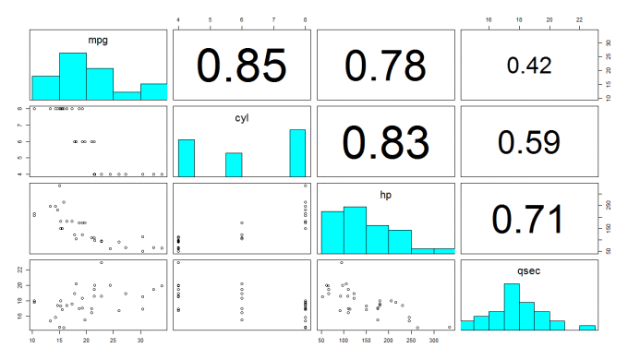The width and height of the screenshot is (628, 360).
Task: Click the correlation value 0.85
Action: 242,65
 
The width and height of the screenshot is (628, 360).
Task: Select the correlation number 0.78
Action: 385,65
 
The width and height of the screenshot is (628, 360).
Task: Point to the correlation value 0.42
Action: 528,65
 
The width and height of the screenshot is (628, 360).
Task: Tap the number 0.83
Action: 385,141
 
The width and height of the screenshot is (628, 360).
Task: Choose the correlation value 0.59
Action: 528,141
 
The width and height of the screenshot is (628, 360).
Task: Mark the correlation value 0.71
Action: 528,219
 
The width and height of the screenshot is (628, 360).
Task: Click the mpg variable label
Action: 99,41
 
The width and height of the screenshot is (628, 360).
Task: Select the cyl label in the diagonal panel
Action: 242,118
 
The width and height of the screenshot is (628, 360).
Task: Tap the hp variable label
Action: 385,195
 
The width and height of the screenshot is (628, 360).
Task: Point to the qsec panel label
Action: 528,272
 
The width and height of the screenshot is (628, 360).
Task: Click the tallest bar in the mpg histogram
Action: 73,77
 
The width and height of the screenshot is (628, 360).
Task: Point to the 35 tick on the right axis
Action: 608,42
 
